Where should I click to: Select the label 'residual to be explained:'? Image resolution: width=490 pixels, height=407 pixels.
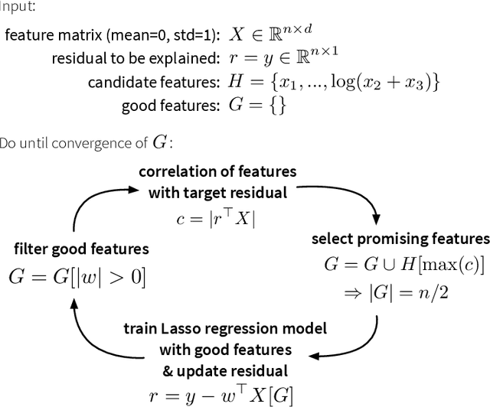pos(136,58)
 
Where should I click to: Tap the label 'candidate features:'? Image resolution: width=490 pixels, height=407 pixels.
pos(153,82)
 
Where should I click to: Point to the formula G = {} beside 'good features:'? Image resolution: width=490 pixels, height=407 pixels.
pos(257,106)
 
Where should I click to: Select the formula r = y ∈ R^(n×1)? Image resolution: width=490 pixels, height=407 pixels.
pos(286,57)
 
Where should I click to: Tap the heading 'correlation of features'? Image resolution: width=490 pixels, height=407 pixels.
pos(217,171)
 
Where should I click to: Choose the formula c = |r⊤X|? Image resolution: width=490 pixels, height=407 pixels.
pos(218,217)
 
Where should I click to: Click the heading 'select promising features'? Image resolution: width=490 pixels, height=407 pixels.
pos(400,239)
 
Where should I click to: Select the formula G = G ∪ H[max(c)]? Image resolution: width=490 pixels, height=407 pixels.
pos(404,265)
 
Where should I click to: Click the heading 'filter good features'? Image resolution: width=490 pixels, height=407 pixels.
pos(81,249)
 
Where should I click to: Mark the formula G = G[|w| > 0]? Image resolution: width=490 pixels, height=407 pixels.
pos(77,276)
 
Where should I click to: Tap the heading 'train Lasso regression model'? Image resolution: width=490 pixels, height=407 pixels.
pos(226,329)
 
